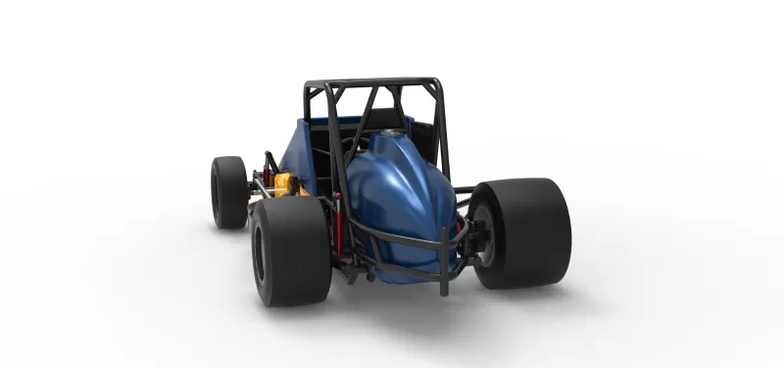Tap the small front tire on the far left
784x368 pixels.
(228, 191)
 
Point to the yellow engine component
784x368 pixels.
(286, 184)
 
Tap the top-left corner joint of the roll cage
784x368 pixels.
(308, 86)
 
